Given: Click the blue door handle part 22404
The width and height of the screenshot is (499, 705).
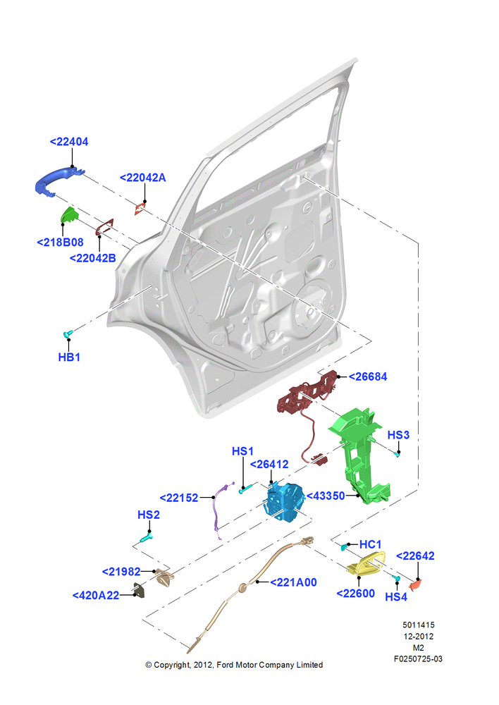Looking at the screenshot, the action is coord(56,179).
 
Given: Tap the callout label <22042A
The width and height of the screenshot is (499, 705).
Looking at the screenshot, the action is coord(142,178).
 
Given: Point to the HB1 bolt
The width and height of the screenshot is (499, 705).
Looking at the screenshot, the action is coord(68,333).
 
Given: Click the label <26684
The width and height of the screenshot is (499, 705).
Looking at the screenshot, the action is coord(368,376).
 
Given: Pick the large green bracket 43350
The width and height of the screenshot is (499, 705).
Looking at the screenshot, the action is coord(359,454).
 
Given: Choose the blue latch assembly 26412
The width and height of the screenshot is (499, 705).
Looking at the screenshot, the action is coord(283,501).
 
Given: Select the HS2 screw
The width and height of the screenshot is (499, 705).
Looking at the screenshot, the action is coord(147,537).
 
